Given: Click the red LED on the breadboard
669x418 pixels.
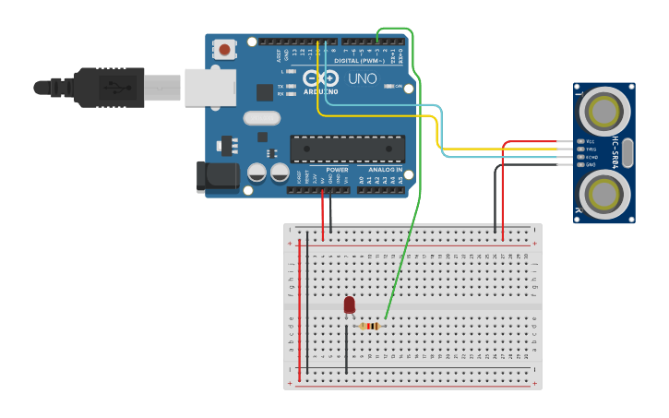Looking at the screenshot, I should pyautogui.click(x=349, y=305).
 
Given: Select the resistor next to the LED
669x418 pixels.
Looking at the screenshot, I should pyautogui.click(x=370, y=326).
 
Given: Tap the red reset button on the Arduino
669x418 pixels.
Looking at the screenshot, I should pyautogui.click(x=224, y=49).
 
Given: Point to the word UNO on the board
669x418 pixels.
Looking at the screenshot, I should pyautogui.click(x=362, y=79).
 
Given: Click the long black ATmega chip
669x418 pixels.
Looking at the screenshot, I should pyautogui.click(x=347, y=149).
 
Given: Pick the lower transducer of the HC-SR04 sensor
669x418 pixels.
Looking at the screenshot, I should pyautogui.click(x=604, y=194).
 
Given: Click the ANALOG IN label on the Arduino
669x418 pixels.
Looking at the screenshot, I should pyautogui.click(x=386, y=170).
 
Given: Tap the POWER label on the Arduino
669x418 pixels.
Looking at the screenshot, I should pyautogui.click(x=337, y=170).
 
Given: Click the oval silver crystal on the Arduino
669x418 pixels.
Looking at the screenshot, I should pyautogui.click(x=262, y=117).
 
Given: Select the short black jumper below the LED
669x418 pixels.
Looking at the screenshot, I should pyautogui.click(x=346, y=349).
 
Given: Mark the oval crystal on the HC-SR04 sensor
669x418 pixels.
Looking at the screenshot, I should pyautogui.click(x=628, y=152).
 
